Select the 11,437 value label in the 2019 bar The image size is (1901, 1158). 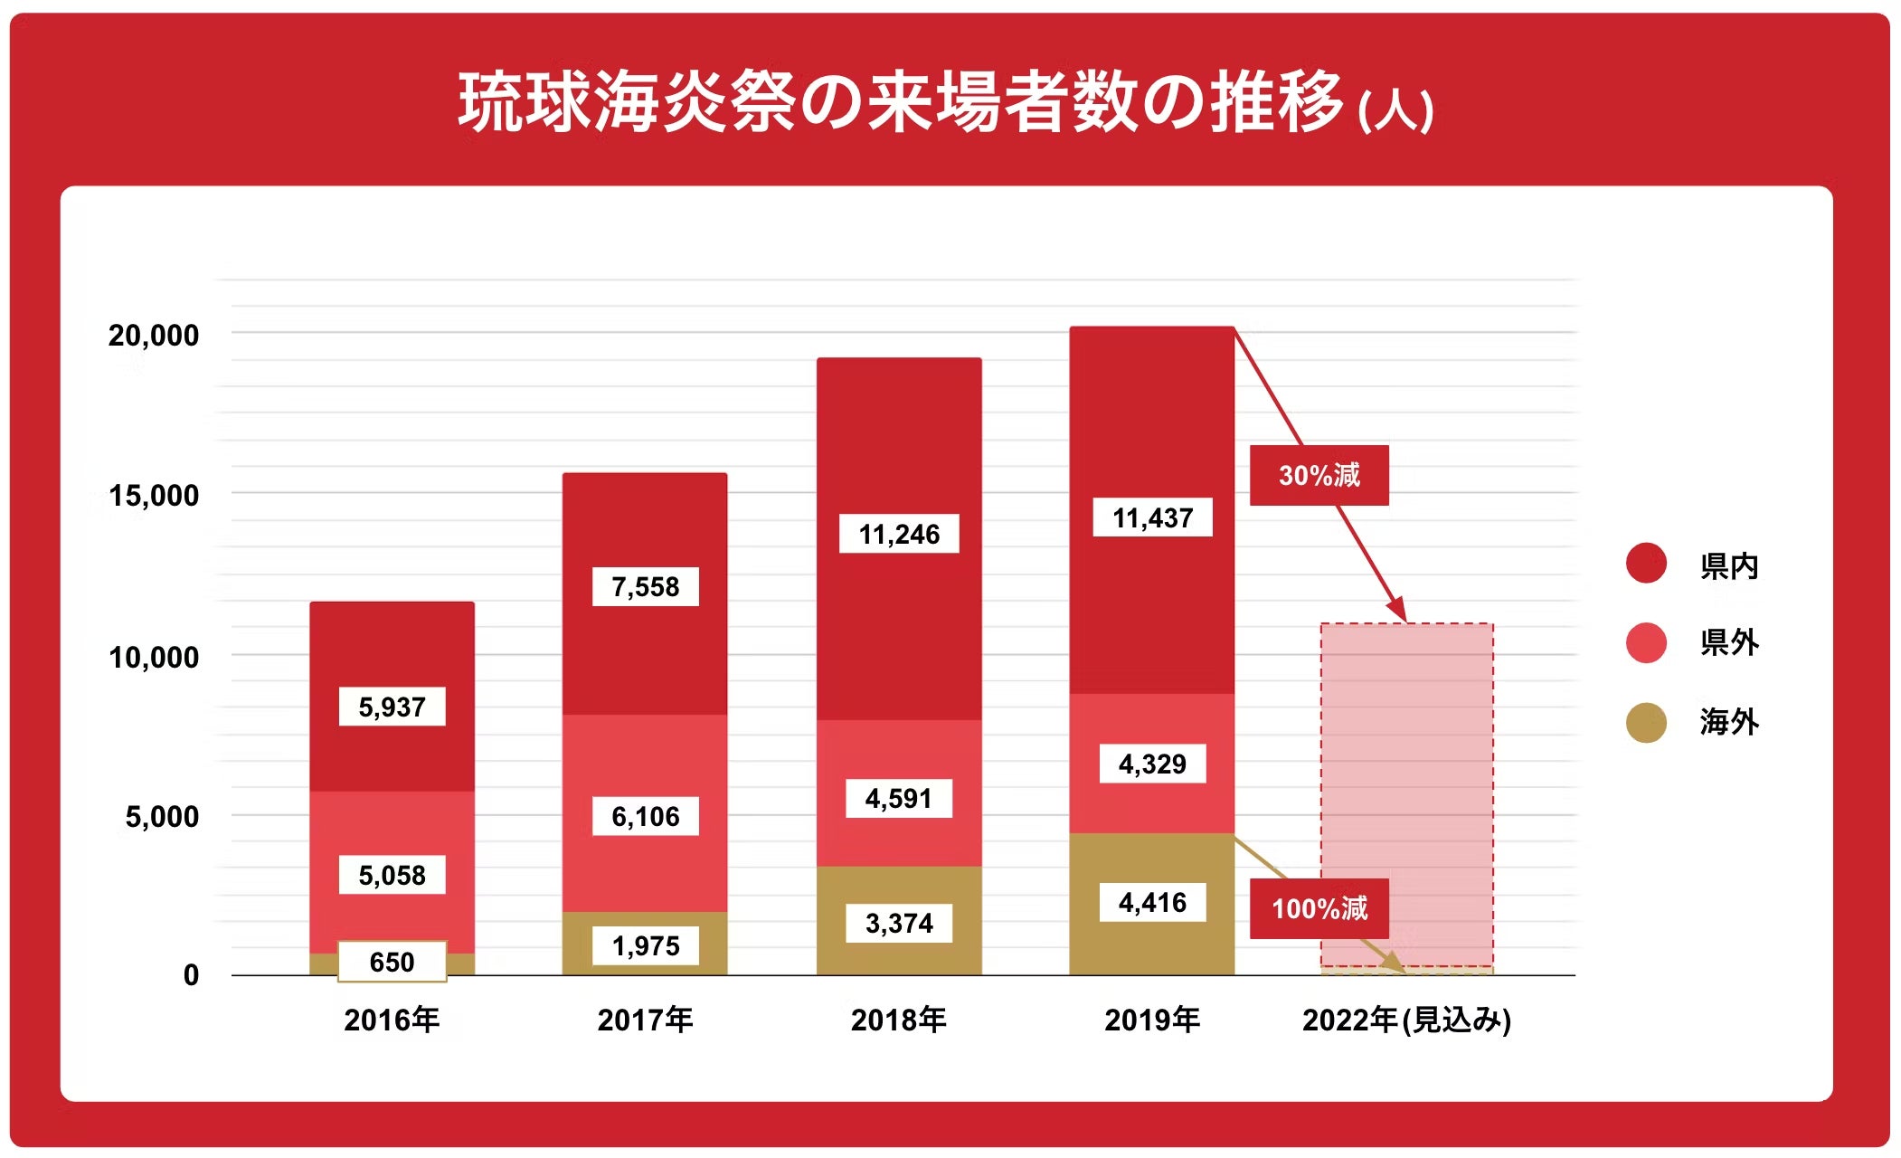tap(1152, 517)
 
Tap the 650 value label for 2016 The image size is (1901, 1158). tap(392, 961)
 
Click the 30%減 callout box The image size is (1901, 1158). tap(1319, 475)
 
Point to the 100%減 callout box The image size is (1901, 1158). tap(1319, 908)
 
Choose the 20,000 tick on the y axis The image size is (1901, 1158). tap(154, 336)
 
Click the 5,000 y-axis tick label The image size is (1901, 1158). tap(162, 817)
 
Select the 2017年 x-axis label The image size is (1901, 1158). tap(645, 1020)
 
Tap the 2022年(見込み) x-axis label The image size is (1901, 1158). tap(1406, 1020)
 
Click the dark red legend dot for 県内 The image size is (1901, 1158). tap(1646, 564)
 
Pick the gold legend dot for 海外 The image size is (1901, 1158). tap(1646, 723)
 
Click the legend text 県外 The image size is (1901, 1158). tap(1728, 643)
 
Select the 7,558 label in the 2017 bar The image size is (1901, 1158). tap(645, 586)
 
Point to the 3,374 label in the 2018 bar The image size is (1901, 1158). tap(899, 923)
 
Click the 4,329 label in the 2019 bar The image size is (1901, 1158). tap(1152, 764)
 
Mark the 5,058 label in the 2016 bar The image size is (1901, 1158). tap(392, 875)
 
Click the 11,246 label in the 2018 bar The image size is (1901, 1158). tap(899, 534)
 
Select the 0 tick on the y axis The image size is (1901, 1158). tap(191, 975)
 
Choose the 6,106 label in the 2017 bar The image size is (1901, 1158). tap(645, 816)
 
